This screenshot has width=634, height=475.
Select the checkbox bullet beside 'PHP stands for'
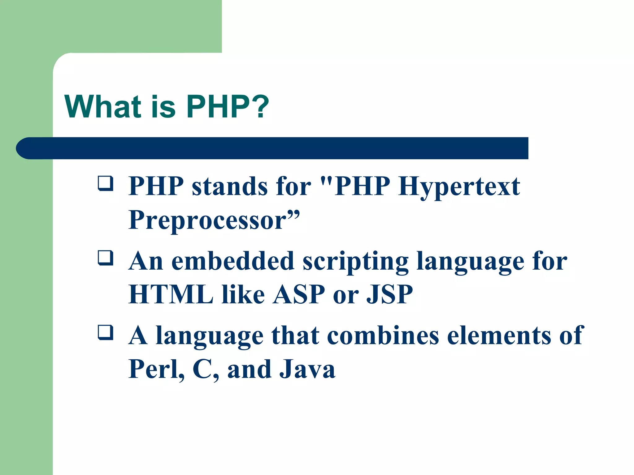(105, 183)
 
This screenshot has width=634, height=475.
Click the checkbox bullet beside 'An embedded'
(105, 258)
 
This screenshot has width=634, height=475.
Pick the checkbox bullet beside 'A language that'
(105, 332)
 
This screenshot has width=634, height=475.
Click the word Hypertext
(459, 187)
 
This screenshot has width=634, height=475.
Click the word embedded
(232, 261)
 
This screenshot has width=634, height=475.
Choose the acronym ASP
(299, 294)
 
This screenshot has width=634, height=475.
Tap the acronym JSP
(389, 294)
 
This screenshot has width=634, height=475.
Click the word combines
(383, 336)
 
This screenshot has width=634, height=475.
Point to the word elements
(499, 336)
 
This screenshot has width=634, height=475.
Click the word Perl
(156, 369)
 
